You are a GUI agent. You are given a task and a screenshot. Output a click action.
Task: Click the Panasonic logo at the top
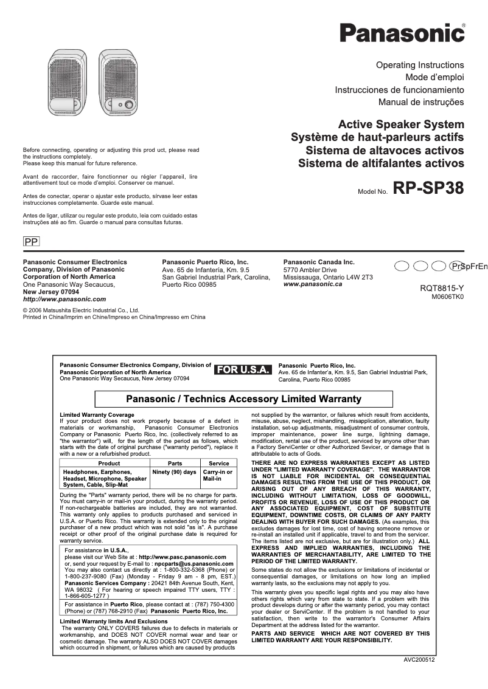point(402,32)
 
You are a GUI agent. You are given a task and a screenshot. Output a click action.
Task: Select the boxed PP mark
point(31,242)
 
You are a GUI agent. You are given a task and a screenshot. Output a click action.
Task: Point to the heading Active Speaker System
point(401,124)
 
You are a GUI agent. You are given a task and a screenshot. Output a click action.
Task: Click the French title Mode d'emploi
point(434,77)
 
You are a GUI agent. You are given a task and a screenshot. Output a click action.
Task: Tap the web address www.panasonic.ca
point(313,284)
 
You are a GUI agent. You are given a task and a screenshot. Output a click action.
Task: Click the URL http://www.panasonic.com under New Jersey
point(64,299)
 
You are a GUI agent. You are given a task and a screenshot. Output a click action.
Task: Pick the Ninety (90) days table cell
point(174,472)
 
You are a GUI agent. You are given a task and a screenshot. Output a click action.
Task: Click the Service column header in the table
point(218,463)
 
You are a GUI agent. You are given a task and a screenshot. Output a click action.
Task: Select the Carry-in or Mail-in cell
point(218,475)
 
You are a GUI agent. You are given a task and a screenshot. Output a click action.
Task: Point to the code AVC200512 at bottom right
point(419,660)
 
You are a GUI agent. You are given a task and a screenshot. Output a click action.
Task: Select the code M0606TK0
point(447,297)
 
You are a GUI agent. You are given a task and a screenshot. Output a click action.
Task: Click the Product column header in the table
point(105,463)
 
